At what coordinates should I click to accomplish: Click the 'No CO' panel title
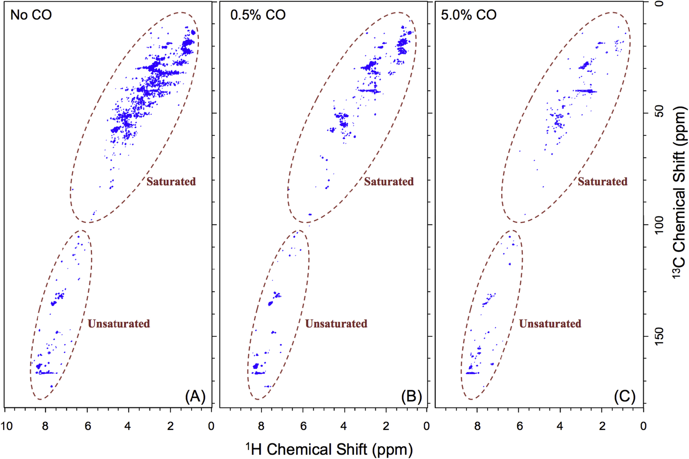click(31, 15)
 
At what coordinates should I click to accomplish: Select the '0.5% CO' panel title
click(258, 15)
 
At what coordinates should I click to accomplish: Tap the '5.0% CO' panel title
click(469, 15)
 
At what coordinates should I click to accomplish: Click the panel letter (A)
click(195, 396)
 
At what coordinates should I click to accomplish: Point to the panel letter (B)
click(411, 396)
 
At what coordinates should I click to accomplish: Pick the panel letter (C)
click(625, 396)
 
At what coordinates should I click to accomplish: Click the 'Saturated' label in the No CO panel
click(171, 181)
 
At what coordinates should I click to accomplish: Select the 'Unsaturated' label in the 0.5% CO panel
click(336, 324)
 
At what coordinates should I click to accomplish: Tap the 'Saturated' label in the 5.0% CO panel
click(603, 181)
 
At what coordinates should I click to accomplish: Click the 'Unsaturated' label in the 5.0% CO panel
click(550, 324)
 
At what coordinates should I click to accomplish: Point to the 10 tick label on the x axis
click(7, 426)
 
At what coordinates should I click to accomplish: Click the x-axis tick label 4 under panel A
click(128, 426)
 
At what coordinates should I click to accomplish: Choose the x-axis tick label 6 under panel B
click(303, 426)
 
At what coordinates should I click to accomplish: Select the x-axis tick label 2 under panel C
click(602, 426)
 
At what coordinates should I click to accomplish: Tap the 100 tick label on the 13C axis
click(659, 225)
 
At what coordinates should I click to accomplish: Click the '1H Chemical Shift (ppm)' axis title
click(329, 449)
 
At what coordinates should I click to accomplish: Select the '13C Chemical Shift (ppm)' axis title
click(679, 193)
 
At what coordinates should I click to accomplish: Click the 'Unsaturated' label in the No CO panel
click(119, 324)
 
